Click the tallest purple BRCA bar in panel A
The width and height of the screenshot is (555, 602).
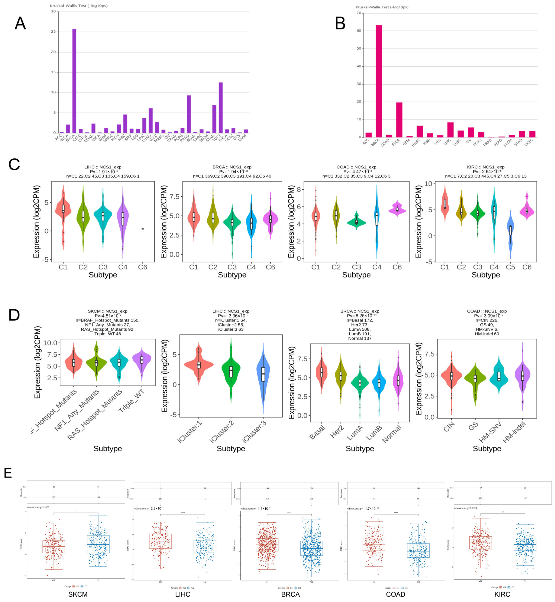[x=74, y=81]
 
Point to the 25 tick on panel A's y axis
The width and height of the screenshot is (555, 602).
[x=54, y=32]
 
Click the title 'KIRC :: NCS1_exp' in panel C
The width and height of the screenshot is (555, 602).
[x=486, y=167]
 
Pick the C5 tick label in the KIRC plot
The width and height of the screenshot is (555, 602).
[x=510, y=267]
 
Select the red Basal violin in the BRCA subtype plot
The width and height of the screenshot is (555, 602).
[x=322, y=373]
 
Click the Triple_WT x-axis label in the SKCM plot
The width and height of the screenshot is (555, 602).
[x=132, y=401]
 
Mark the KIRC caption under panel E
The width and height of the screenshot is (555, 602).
[x=502, y=594]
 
